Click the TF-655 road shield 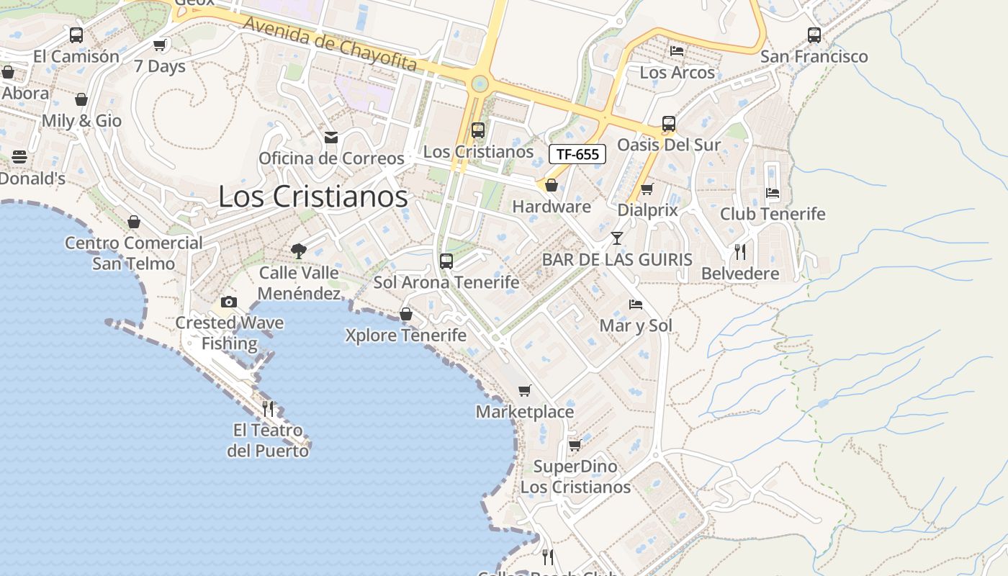577,154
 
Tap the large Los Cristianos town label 312,197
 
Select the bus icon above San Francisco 814,35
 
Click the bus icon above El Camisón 76,35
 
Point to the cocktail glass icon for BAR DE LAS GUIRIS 617,238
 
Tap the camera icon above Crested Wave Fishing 229,302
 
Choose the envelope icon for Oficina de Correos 331,137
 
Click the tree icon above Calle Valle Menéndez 299,251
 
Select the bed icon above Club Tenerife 773,193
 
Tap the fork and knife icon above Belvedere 740,252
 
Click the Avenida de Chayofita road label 330,43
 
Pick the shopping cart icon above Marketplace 525,391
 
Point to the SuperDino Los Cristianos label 575,477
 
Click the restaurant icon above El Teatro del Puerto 268,409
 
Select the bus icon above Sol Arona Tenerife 446,261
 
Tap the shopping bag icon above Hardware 552,186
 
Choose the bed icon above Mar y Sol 636,305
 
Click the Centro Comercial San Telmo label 134,253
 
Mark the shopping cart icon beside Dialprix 647,189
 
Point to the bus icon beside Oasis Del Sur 669,124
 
